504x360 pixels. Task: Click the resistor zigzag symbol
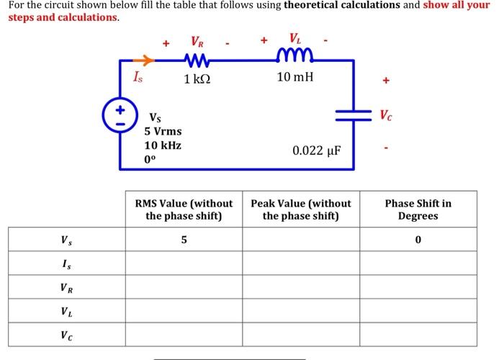coord(196,59)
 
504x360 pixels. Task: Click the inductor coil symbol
coord(295,58)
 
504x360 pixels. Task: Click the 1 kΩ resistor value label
coord(197,78)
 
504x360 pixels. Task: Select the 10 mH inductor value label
coord(295,76)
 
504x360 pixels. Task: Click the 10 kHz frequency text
coord(163,145)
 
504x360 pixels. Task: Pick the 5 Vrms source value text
coord(163,131)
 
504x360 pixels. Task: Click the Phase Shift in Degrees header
coord(418,209)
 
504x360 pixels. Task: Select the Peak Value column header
coord(300,209)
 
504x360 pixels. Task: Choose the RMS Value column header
coord(184,209)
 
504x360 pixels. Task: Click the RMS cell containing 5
coord(184,239)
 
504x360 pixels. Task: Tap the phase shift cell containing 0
coord(418,239)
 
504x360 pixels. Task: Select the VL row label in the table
coord(66,312)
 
